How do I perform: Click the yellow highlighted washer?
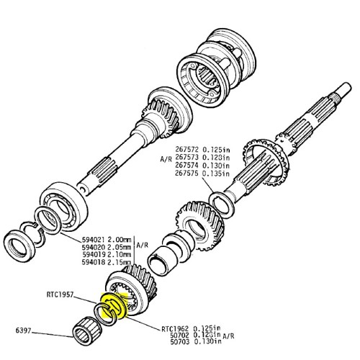click(x=115, y=306)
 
